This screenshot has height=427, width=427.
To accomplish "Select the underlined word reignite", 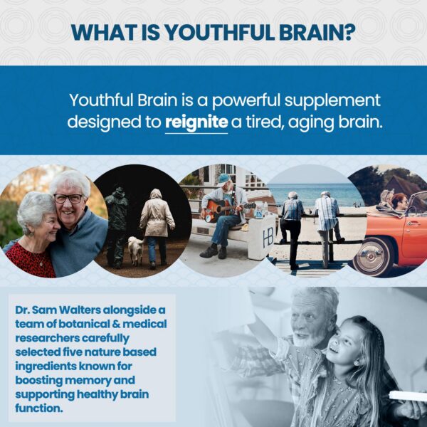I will point(196,122).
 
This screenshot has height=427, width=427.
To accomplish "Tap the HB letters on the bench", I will point(268,236).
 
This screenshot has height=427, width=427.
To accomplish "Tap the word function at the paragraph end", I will point(37,408).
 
